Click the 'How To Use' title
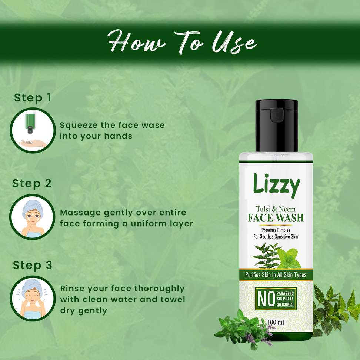[x=183, y=43]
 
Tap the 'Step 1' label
[x=32, y=98]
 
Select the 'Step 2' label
[x=32, y=184]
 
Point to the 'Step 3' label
[x=32, y=265]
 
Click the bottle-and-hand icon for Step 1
[x=33, y=130]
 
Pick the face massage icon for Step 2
[x=32, y=217]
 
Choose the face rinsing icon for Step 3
[x=33, y=299]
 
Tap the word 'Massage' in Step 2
[x=80, y=213]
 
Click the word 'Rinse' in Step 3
[x=71, y=289]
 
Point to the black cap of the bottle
[x=277, y=126]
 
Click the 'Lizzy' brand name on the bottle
[x=276, y=185]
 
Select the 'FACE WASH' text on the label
[x=276, y=218]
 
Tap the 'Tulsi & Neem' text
[x=276, y=209]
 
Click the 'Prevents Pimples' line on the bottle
[x=276, y=230]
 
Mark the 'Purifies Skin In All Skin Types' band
[x=276, y=274]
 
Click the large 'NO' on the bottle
[x=266, y=299]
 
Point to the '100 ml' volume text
[x=276, y=322]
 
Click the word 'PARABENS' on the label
[x=285, y=293]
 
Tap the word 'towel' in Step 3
[x=173, y=299]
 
